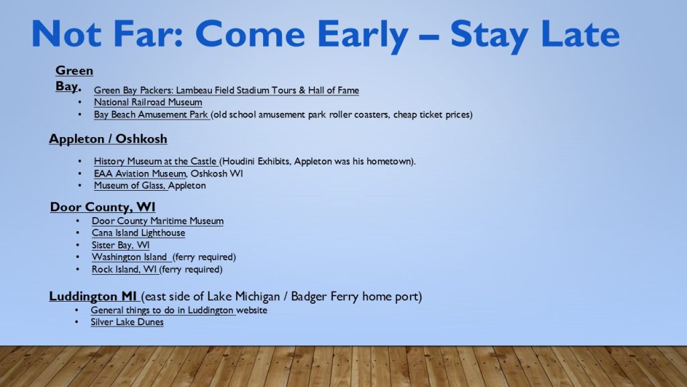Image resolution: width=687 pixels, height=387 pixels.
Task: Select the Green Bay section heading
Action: tap(74, 78)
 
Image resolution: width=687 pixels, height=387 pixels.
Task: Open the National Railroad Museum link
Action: tap(148, 102)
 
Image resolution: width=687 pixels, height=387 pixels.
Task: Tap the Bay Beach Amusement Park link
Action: tap(151, 114)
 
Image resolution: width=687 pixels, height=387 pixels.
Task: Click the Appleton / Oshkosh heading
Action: tap(108, 139)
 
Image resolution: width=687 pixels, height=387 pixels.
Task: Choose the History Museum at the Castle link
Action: tap(155, 161)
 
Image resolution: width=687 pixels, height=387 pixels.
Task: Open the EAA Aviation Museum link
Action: tap(140, 174)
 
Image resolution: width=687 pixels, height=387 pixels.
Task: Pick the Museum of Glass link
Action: tap(129, 185)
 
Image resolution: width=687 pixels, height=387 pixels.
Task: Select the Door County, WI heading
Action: tap(103, 207)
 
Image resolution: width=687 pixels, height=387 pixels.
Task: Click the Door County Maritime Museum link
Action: tap(158, 221)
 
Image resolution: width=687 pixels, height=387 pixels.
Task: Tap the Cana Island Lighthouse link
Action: tap(138, 233)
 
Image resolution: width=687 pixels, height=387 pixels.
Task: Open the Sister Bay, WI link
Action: tap(121, 245)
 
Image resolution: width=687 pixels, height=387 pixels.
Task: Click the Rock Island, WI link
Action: tap(124, 269)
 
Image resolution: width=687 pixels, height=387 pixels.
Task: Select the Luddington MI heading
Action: tap(93, 296)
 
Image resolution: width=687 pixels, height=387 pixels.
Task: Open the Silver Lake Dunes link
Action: tap(127, 322)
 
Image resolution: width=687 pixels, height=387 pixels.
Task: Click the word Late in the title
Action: tap(580, 34)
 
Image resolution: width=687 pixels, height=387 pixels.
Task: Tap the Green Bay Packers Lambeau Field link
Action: tap(227, 91)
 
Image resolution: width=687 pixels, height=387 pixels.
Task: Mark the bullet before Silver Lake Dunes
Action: tap(76, 322)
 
